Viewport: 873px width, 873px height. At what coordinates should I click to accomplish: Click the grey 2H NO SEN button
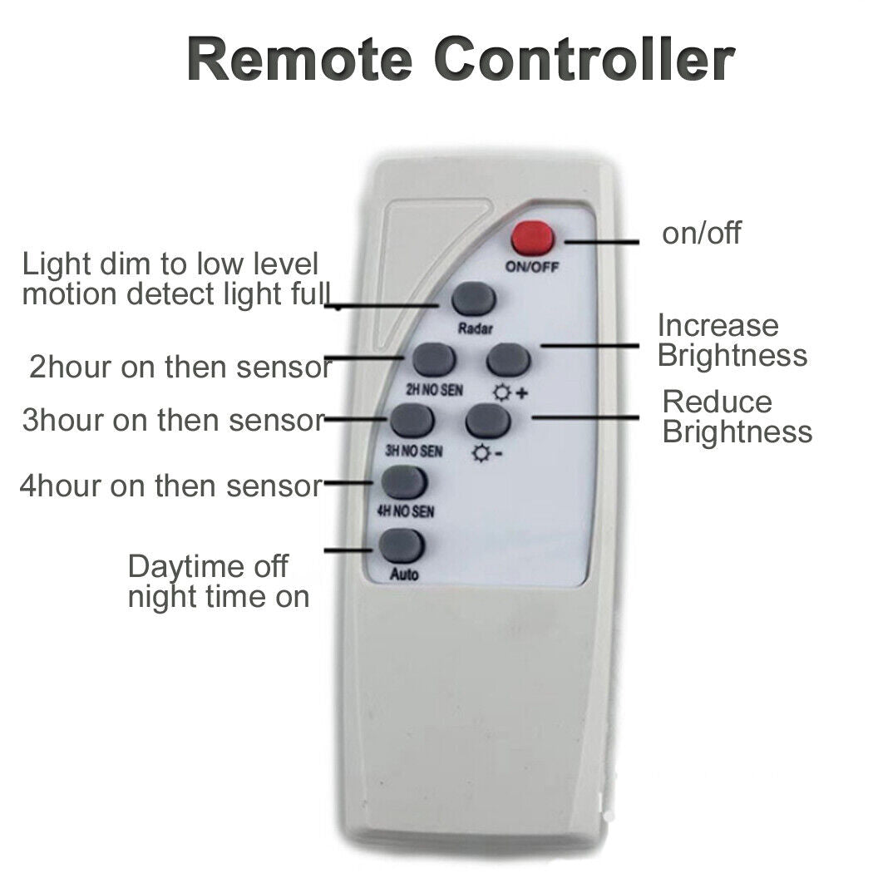point(434,359)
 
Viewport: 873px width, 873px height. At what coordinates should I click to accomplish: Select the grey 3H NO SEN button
point(412,421)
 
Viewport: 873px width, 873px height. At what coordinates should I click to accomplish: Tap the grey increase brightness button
point(509,359)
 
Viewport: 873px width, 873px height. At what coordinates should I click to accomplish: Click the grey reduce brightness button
point(488,421)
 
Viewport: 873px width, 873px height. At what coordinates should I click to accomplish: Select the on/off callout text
point(701,234)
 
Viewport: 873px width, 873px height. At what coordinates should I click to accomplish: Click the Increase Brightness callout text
point(732,340)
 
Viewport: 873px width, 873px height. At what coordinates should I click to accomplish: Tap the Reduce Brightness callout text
point(737,417)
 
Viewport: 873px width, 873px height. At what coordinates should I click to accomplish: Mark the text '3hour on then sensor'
point(173,421)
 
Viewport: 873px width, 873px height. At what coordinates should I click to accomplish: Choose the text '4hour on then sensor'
point(170,486)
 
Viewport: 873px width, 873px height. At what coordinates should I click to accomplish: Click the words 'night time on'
point(218,597)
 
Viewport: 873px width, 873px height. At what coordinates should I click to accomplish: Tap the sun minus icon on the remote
point(487,454)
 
